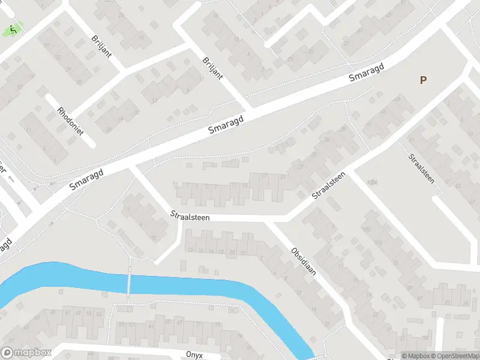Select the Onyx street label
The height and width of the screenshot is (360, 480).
click(x=194, y=355)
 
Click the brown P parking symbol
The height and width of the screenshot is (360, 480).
click(x=424, y=80)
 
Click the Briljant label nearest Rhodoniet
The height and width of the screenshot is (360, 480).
click(x=101, y=46)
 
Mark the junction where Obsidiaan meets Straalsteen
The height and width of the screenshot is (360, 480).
click(x=269, y=221)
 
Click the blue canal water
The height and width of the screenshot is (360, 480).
click(x=198, y=285)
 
